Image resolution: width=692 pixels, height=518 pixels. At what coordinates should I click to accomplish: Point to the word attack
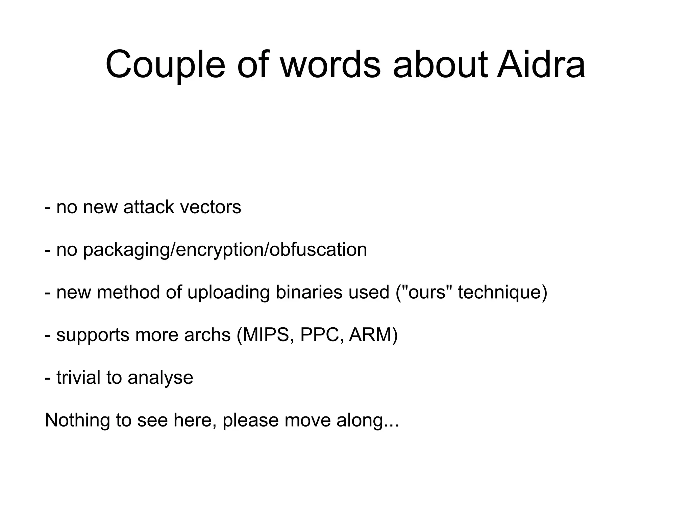[149, 207]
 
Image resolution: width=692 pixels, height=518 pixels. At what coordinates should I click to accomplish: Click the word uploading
[228, 293]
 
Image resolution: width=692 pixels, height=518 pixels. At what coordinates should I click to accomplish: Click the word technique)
[502, 293]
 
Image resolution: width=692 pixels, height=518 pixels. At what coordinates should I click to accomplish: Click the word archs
[207, 335]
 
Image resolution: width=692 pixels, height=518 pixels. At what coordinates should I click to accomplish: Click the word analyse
[160, 378]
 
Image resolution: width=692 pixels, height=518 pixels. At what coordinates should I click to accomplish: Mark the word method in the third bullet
[128, 293]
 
